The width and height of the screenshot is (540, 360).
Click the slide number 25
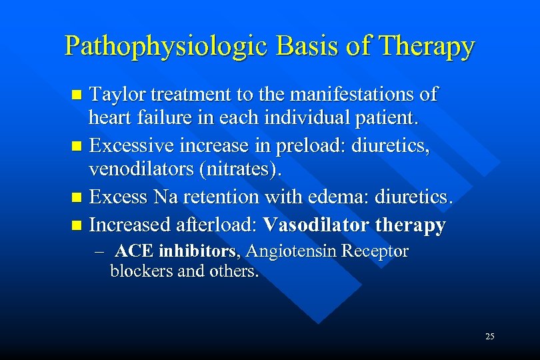click(x=490, y=337)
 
